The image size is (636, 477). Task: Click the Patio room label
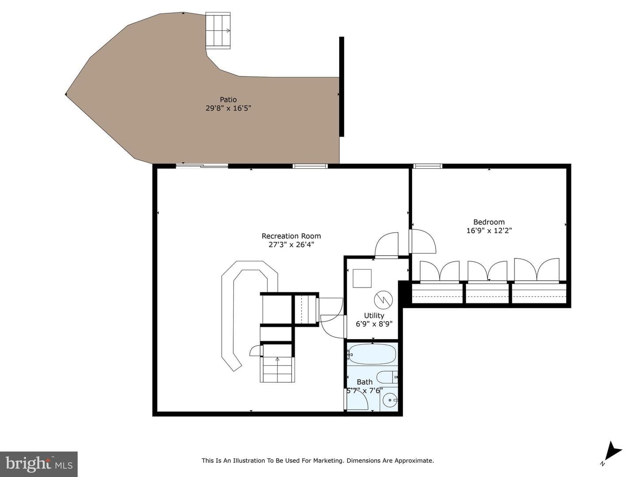point(228,100)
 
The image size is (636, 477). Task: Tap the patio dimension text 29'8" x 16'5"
point(228,108)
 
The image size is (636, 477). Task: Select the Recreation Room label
point(291,236)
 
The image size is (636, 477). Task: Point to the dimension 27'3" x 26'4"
point(291,245)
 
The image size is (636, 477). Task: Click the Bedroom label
point(489,222)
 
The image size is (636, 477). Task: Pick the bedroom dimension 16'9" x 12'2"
point(489,231)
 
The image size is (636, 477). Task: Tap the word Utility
point(374,315)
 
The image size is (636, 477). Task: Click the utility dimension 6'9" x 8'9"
point(374,324)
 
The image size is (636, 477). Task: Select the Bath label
point(364,382)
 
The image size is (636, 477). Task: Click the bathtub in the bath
point(372,354)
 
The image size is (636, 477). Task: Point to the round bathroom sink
point(390,400)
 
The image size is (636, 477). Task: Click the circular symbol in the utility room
point(383,300)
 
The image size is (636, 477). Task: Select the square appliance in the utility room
point(362,278)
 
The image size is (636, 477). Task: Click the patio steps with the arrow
point(218,30)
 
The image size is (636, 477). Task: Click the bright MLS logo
point(38,464)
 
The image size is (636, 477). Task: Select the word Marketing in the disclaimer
point(329,461)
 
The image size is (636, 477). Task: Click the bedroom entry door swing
point(423,241)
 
